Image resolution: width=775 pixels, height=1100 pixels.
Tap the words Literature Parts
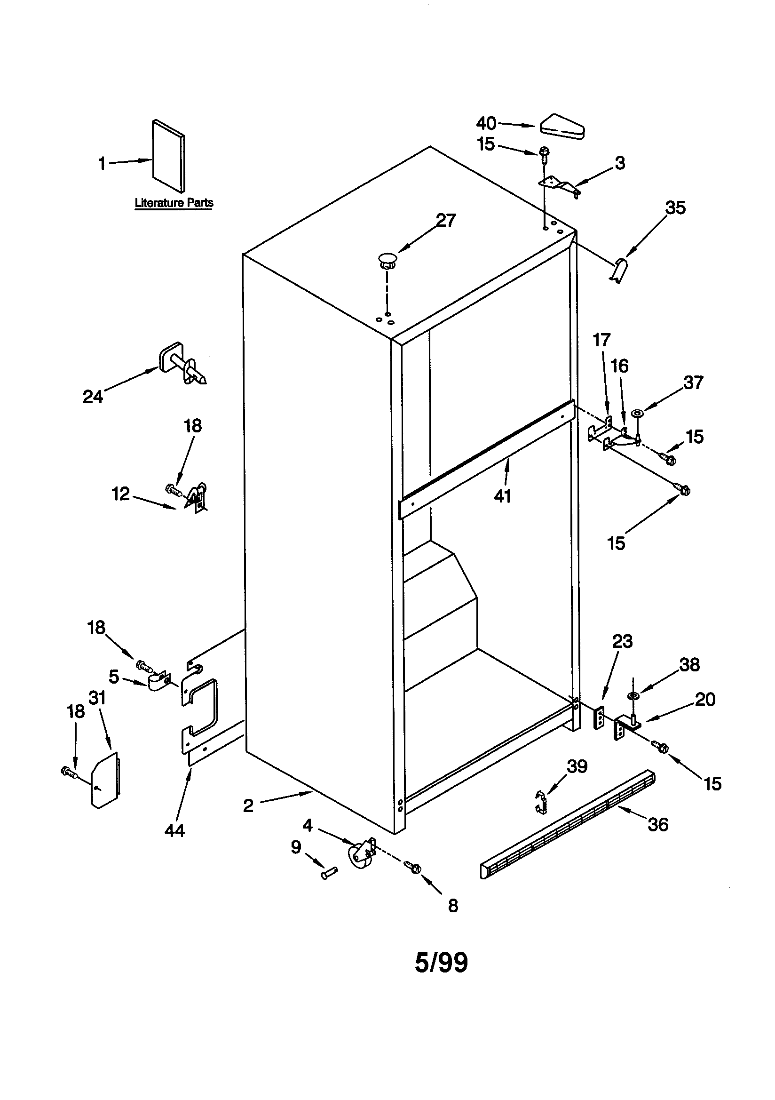tap(174, 203)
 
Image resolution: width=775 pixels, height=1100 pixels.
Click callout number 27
tap(445, 220)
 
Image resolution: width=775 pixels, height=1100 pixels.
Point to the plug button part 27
tap(387, 262)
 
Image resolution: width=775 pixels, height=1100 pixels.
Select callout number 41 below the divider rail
tap(502, 496)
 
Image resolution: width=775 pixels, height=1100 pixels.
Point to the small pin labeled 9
tap(329, 874)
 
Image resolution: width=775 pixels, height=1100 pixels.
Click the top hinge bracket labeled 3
tap(559, 185)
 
